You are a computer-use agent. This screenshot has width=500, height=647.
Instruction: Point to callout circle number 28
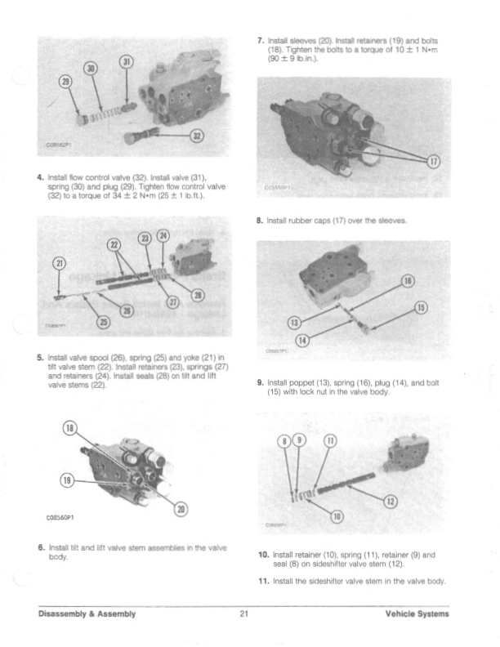point(199,295)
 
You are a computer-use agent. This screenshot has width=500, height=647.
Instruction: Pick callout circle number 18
point(71,431)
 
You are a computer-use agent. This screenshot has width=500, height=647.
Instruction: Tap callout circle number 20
point(181,510)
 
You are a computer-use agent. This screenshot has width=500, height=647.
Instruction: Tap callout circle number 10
point(335,515)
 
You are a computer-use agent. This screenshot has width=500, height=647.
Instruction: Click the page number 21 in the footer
point(243,614)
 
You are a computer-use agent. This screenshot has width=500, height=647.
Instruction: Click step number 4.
point(40,176)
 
